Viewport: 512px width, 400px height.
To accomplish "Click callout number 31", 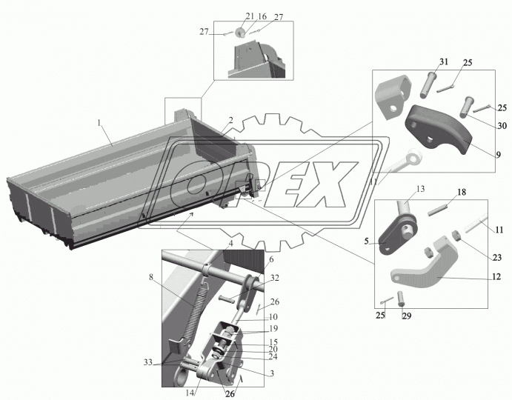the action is point(443,61).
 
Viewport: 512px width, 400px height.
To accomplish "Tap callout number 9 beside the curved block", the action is point(498,155).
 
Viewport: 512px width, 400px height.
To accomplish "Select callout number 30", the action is point(502,125).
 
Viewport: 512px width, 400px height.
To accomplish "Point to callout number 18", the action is point(462,192).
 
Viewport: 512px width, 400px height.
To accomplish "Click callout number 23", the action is point(496,258).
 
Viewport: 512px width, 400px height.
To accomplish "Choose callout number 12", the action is point(496,277).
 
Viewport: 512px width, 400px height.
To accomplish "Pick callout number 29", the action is point(407,316).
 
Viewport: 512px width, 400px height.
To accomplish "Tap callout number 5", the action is point(367,241).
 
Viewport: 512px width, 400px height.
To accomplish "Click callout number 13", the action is point(421,189).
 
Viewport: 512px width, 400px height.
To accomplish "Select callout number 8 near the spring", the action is point(151,277).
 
